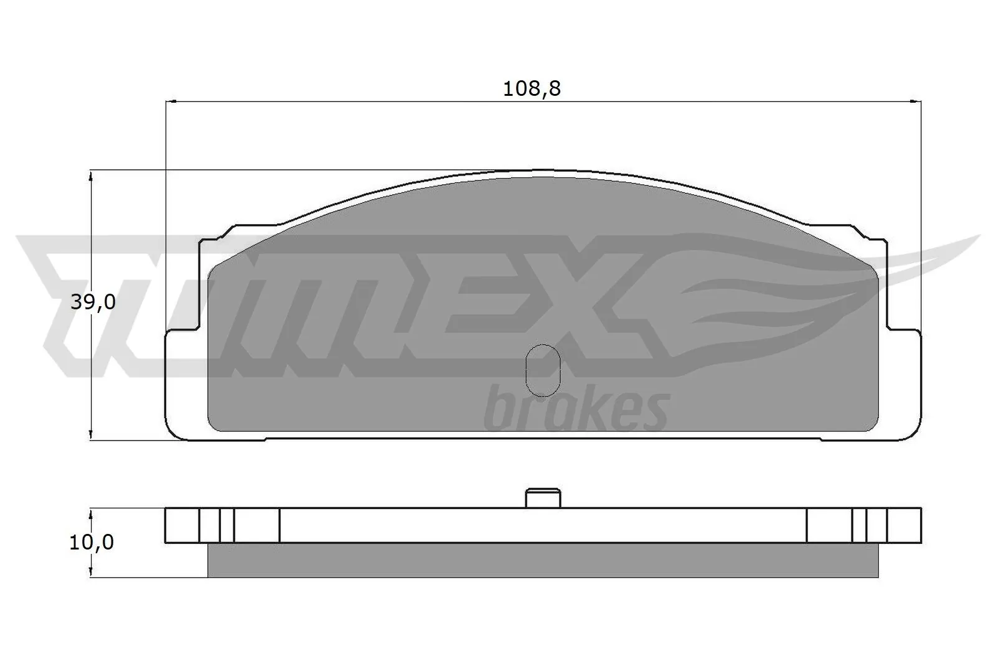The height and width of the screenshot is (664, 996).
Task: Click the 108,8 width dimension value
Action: click(532, 89)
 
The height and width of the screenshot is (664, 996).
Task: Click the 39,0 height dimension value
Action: click(93, 302)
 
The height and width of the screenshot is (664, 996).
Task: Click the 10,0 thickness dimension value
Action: click(92, 542)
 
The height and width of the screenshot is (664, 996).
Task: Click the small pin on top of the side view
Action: click(543, 499)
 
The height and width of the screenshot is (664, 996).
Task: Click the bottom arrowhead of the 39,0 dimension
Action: click(92, 435)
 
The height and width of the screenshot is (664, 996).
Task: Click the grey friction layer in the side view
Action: click(542, 560)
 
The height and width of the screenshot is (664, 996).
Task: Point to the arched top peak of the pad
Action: click(540, 171)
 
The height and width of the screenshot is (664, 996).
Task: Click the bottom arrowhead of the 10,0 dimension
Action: click(92, 573)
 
